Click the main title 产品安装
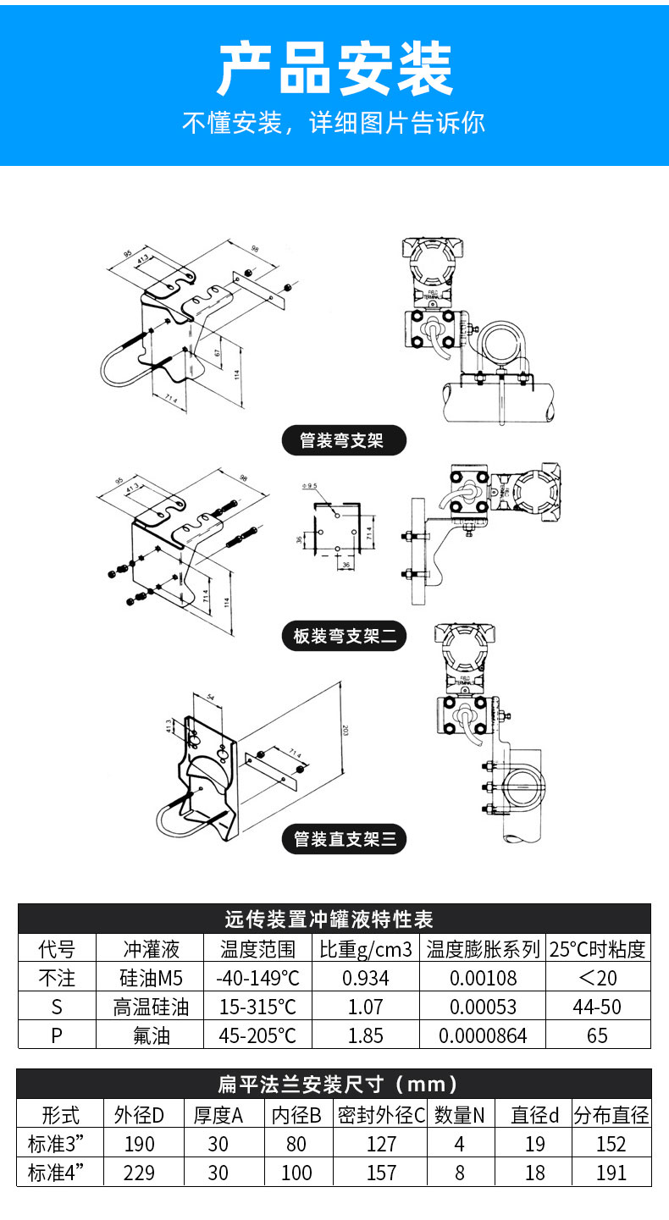pyautogui.click(x=334, y=69)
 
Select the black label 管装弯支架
pyautogui.click(x=342, y=440)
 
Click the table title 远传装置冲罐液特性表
pyautogui.click(x=334, y=919)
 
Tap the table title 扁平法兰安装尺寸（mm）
pyautogui.click(x=334, y=1084)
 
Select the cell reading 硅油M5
pyautogui.click(x=152, y=979)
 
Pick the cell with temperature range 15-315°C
pyautogui.click(x=257, y=1007)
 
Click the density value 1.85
pyautogui.click(x=365, y=1035)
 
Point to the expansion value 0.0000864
pyautogui.click(x=483, y=1035)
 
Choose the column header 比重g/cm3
pyautogui.click(x=365, y=949)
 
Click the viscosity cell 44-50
pyautogui.click(x=597, y=1007)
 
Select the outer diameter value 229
pyautogui.click(x=140, y=1173)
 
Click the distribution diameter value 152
pyautogui.click(x=610, y=1145)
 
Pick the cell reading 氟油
pyautogui.click(x=152, y=1035)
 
